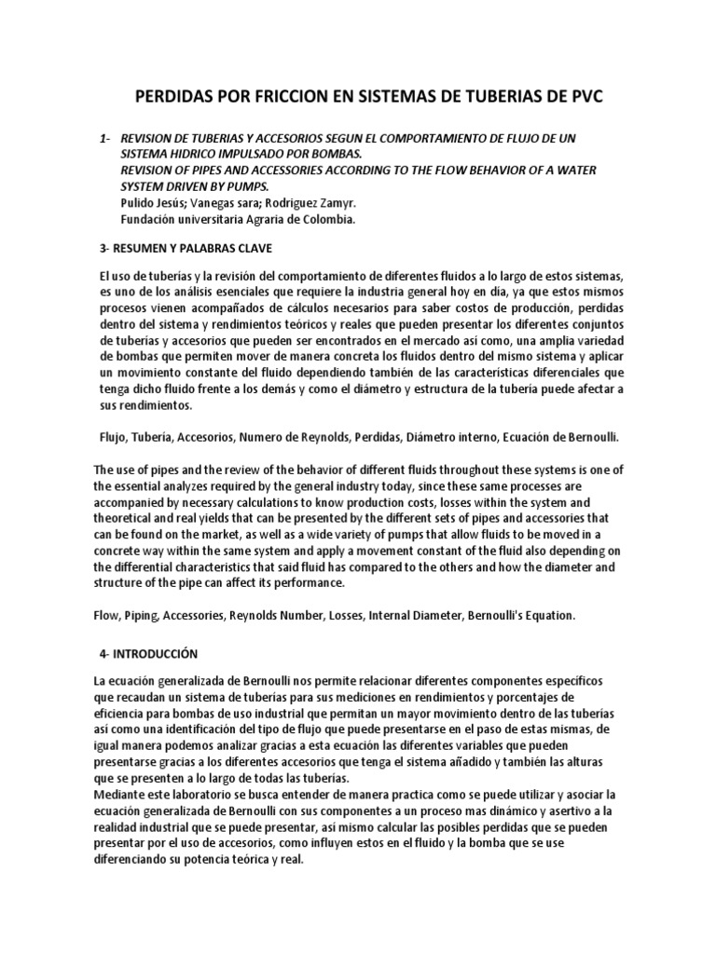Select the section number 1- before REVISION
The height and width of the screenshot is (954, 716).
click(x=105, y=139)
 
